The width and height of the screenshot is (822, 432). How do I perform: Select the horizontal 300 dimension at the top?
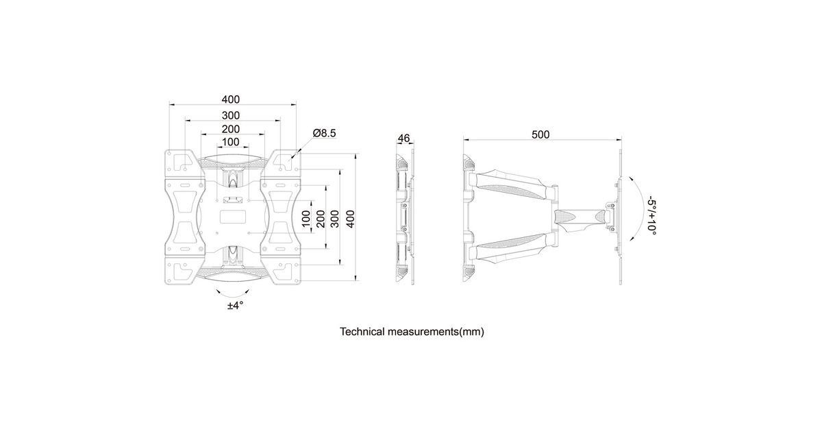tap(230, 115)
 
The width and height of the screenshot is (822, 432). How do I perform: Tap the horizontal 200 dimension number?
tap(230, 129)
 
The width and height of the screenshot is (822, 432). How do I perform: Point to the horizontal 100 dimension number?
tap(230, 142)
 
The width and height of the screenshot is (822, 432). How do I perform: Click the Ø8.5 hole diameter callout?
tap(324, 133)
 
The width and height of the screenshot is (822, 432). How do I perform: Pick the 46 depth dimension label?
tap(403, 139)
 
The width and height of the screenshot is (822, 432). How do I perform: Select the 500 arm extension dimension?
tap(540, 134)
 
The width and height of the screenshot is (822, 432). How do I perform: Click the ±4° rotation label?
tap(235, 306)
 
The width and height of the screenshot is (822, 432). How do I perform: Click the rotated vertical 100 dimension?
tap(306, 219)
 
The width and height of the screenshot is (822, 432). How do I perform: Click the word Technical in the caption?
tap(365, 332)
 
